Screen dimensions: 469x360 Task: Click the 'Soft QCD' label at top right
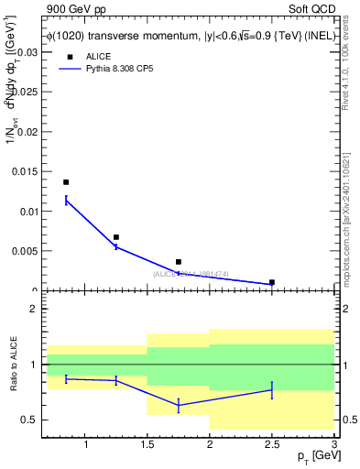[x=311, y=8]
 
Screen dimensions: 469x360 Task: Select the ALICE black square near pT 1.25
[x=115, y=237]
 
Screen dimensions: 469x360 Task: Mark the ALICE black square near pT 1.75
[x=179, y=262]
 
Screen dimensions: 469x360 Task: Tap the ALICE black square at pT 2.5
[x=272, y=282]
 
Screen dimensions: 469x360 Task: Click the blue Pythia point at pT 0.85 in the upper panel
[x=66, y=201]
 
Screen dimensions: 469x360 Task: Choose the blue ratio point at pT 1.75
[x=179, y=405]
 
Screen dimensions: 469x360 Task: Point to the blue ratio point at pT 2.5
[x=272, y=390]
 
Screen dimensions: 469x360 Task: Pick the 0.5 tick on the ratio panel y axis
[x=30, y=420]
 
